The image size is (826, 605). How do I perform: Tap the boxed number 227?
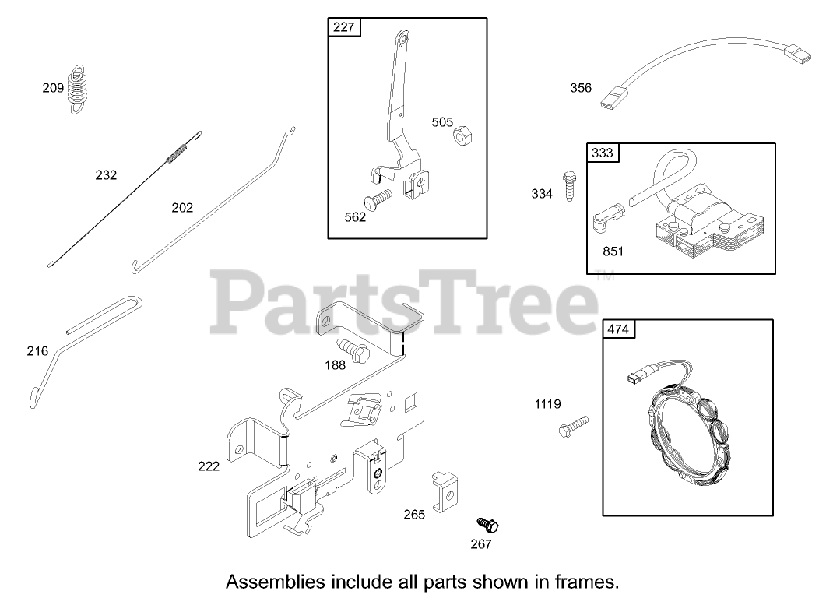[343, 27]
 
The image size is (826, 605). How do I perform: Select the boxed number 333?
[603, 153]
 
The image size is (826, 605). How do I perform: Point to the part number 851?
[612, 251]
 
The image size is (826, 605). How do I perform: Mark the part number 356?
[581, 88]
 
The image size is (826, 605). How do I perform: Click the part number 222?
[209, 466]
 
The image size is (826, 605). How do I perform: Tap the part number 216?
[37, 351]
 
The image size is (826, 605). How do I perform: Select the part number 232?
[106, 175]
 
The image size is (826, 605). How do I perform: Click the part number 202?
[183, 208]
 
